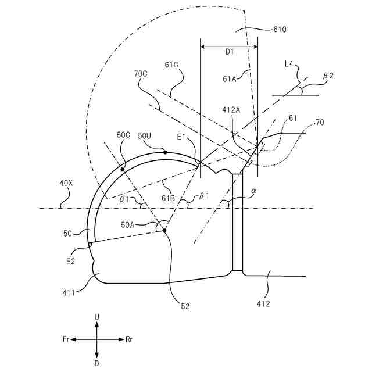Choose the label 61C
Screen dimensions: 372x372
click(172, 65)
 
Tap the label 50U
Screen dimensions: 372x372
click(145, 135)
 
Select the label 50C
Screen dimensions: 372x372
click(124, 135)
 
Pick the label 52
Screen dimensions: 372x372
click(184, 306)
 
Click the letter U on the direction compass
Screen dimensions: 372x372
click(96, 317)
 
